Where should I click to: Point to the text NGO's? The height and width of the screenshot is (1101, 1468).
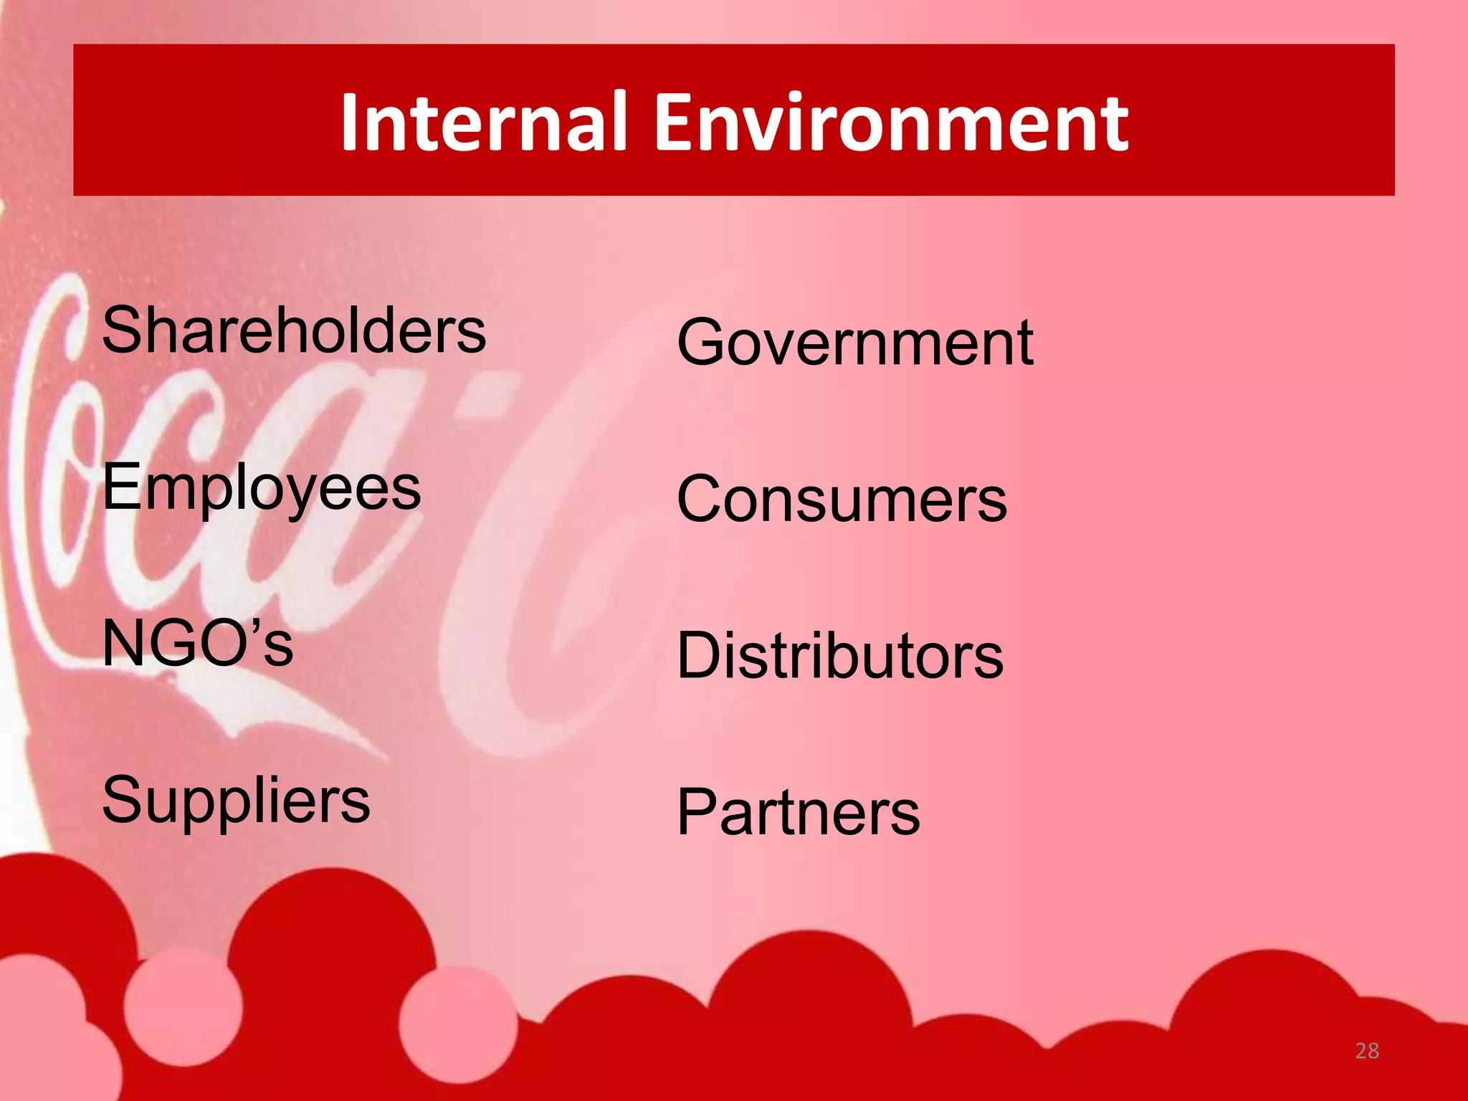(x=198, y=643)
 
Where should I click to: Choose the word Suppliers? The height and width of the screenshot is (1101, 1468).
(x=236, y=801)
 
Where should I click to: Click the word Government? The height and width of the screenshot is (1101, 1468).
(x=855, y=343)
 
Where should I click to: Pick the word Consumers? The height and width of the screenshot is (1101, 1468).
(x=842, y=499)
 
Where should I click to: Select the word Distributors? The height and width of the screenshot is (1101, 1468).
(x=840, y=655)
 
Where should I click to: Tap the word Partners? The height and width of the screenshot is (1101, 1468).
(x=799, y=812)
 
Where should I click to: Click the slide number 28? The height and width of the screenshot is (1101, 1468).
(x=1367, y=1051)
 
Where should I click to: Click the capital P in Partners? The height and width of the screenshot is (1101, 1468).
(x=697, y=811)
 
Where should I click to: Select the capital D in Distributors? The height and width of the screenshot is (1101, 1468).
(x=700, y=655)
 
